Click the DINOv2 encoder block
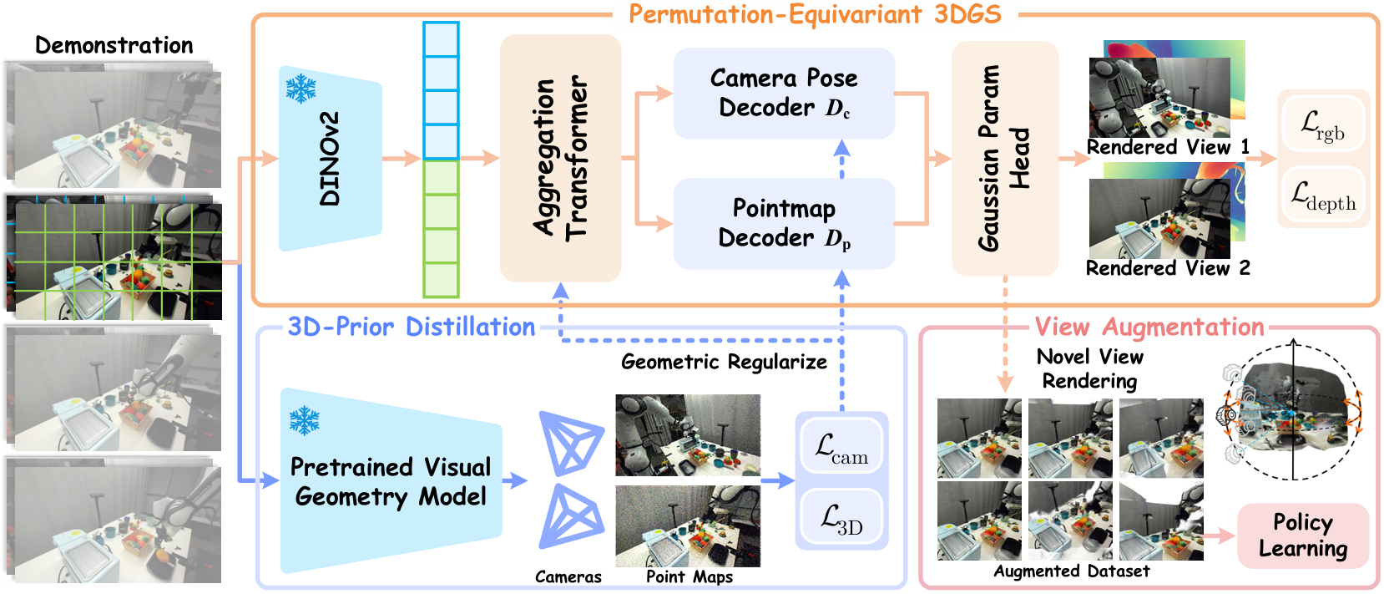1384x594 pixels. (x=330, y=159)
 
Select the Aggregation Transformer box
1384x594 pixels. (x=560, y=158)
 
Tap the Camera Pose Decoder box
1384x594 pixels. (x=784, y=93)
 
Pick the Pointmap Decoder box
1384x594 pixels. (x=784, y=223)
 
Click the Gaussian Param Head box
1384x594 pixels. (x=1004, y=158)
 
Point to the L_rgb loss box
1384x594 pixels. (x=1323, y=124)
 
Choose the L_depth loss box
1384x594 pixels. (x=1323, y=195)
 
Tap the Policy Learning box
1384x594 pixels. (x=1302, y=536)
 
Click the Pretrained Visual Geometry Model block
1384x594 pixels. (x=390, y=481)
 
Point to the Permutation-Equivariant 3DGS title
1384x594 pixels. (x=815, y=14)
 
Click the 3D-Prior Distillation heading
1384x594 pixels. (x=412, y=327)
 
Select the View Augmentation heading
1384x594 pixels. (x=1149, y=327)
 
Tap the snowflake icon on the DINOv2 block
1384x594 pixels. (x=301, y=88)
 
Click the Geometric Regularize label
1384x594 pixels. (x=724, y=362)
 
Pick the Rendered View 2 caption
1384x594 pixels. (x=1168, y=268)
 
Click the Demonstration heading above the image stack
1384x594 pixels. (x=114, y=45)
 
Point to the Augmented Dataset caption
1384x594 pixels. (x=1071, y=571)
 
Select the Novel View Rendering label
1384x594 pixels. (x=1089, y=368)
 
